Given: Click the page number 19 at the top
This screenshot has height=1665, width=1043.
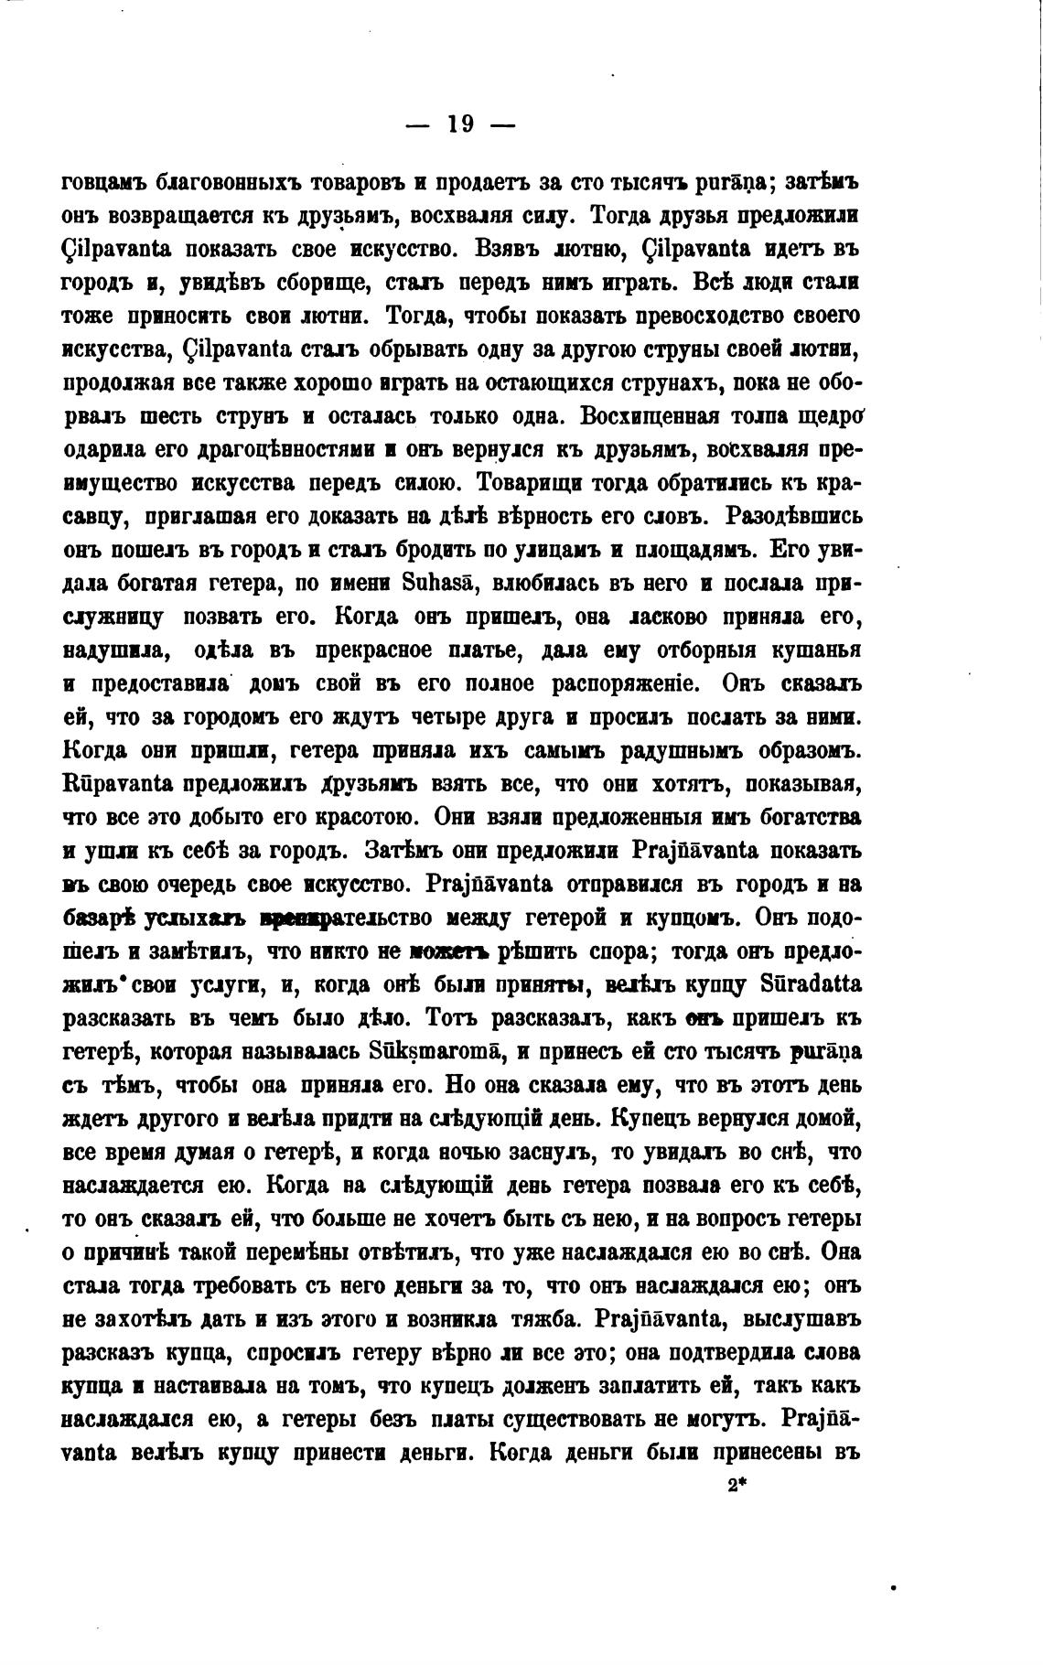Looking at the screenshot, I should (x=460, y=124).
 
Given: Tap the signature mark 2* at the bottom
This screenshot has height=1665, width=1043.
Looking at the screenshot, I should (x=737, y=1485).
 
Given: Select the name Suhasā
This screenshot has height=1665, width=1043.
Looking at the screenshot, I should (x=444, y=584).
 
